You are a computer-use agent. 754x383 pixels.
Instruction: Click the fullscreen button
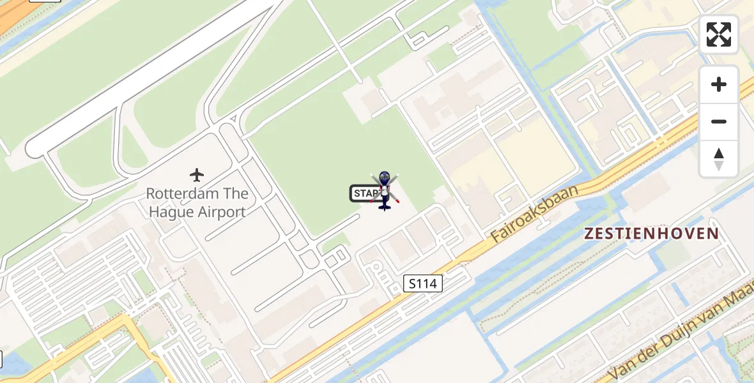point(719,34)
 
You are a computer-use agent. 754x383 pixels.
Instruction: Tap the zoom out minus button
point(719,121)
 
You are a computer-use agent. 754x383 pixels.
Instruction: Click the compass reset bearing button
point(719,158)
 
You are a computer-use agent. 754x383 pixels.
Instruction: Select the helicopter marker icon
point(384,191)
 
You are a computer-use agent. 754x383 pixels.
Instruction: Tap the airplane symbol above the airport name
point(197,174)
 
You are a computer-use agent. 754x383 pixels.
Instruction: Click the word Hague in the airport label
point(171,212)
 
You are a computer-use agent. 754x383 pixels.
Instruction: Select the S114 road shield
point(423,283)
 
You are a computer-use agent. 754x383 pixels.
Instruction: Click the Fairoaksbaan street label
point(535,214)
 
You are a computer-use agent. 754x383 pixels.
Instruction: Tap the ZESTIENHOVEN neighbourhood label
point(652,234)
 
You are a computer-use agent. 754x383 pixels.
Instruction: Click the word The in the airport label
point(235,193)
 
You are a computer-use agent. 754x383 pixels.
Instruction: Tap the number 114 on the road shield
point(427,283)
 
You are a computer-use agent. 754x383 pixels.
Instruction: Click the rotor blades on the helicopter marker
point(385,188)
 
